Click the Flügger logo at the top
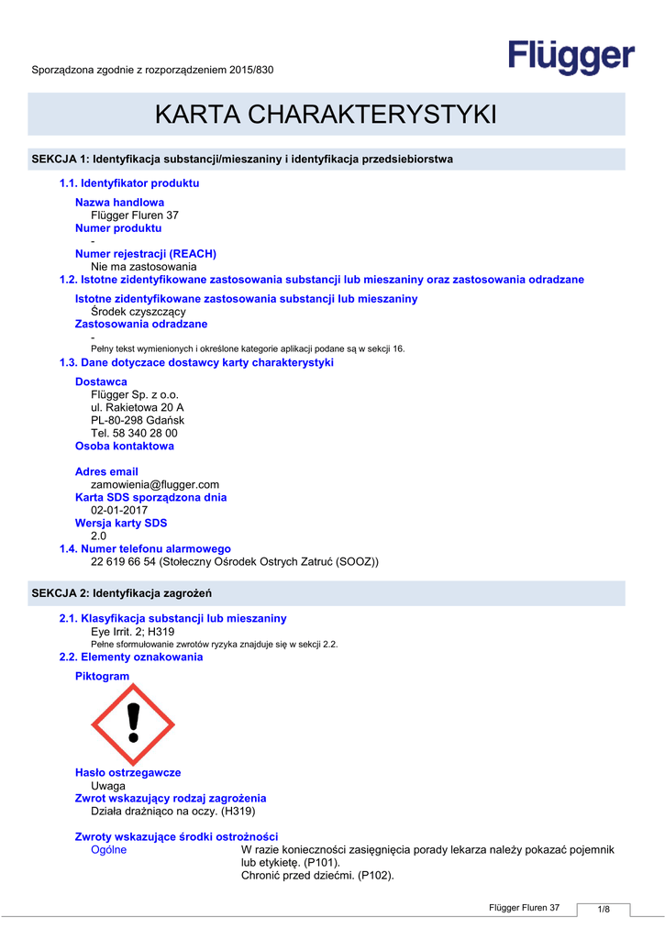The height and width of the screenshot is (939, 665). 571,57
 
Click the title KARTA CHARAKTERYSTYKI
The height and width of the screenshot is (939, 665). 326,115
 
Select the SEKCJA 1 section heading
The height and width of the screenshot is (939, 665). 242,160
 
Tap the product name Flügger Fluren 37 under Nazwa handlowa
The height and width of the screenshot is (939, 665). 135,215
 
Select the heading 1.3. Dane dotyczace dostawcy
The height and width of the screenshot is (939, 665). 196,363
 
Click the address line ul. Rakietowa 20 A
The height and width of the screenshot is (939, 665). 138,407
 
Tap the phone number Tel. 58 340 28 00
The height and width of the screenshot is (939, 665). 135,433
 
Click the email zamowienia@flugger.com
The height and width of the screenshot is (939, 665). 155,484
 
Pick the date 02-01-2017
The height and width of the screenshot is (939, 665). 119,510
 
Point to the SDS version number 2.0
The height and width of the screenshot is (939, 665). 99,536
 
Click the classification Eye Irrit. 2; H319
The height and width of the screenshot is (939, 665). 133,632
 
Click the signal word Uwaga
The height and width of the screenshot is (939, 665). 108,786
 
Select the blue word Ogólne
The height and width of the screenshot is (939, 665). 109,850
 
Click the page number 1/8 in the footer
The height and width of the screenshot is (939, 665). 604,909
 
